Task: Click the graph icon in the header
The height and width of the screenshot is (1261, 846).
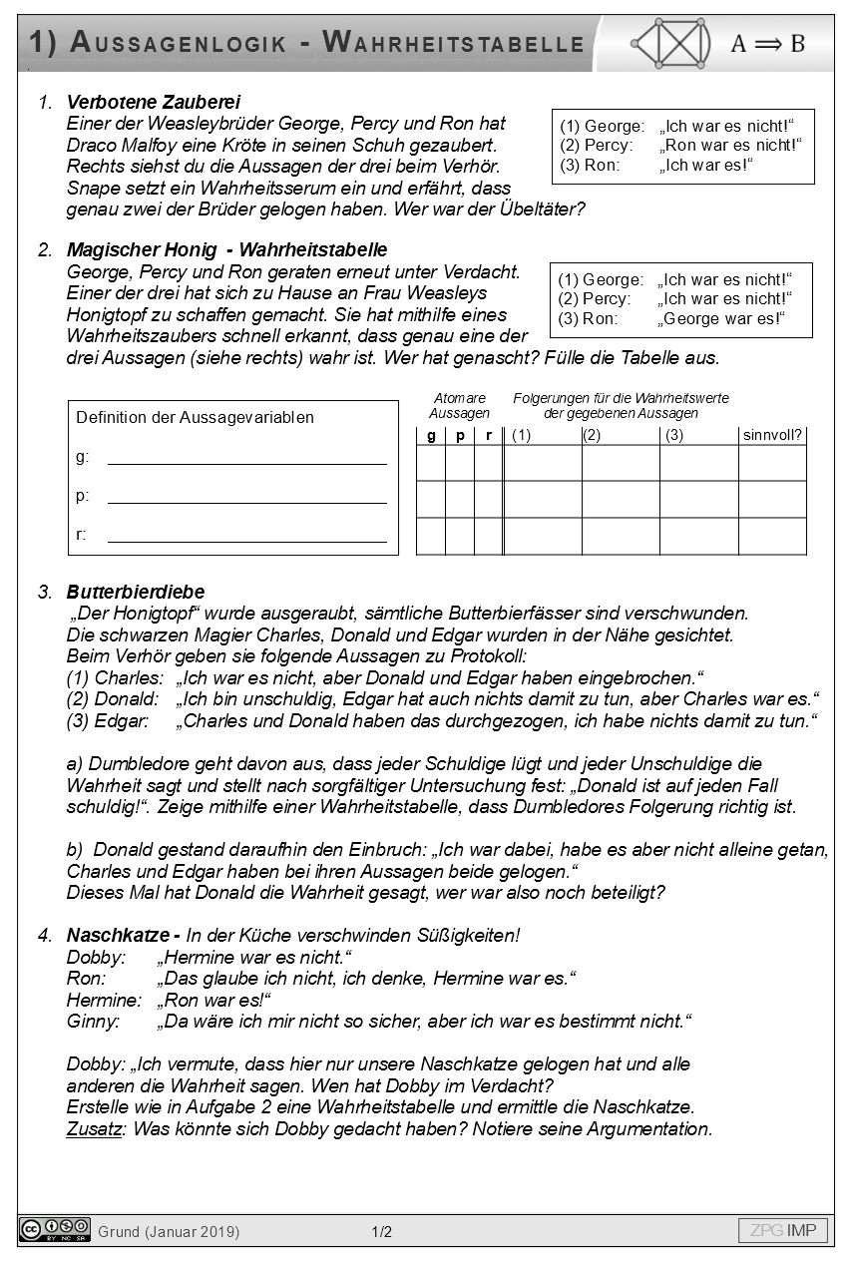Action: click(670, 43)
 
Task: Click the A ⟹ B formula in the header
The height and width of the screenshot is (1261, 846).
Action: click(767, 43)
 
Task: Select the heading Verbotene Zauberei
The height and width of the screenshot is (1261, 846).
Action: click(153, 102)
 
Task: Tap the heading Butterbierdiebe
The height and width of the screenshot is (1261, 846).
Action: click(135, 593)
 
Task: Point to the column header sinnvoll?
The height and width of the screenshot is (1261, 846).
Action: click(772, 436)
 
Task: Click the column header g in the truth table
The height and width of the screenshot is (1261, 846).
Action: click(431, 436)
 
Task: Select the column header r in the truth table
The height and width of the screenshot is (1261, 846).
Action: click(489, 436)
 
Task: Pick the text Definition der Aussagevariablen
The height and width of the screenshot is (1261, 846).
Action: click(195, 418)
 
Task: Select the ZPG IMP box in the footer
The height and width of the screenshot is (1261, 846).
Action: click(783, 1230)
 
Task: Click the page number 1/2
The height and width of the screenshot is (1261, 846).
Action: click(381, 1232)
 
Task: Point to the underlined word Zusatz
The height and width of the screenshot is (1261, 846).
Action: click(93, 1130)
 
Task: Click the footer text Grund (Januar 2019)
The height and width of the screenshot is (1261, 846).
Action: click(169, 1232)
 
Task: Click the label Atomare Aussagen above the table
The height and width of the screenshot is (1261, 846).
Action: click(459, 405)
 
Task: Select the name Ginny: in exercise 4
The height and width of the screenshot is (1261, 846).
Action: click(93, 1022)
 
